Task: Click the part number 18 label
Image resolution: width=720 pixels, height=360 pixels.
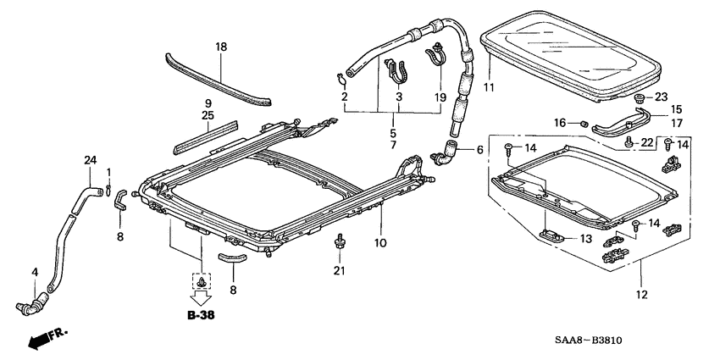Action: click(221, 47)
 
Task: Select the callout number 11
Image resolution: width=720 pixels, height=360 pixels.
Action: click(488, 87)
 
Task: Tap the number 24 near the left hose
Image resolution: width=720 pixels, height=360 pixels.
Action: click(91, 159)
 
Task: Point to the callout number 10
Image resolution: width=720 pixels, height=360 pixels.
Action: click(381, 243)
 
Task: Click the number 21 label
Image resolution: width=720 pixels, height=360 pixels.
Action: click(340, 270)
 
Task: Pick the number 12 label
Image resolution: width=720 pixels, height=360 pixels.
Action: click(641, 295)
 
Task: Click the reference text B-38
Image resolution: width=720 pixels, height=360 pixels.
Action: click(202, 315)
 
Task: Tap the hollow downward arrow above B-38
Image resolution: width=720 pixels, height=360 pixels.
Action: click(202, 297)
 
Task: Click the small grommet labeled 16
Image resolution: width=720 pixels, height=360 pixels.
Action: click(584, 125)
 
